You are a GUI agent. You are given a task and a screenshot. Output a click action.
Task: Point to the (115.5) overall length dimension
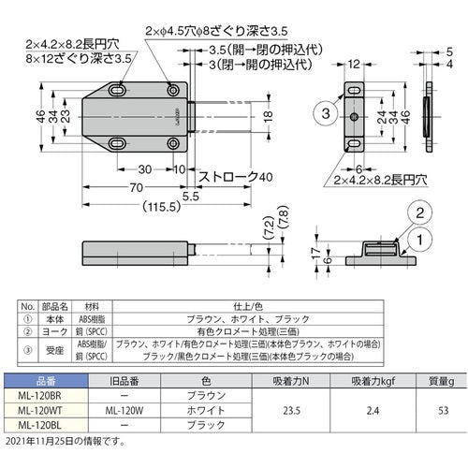click(x=142, y=209)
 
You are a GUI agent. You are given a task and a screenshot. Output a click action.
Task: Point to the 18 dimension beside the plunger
click(x=268, y=116)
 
